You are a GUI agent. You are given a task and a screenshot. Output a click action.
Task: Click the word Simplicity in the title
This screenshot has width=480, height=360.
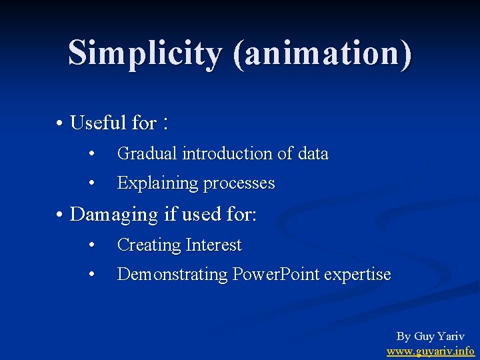click(x=145, y=53)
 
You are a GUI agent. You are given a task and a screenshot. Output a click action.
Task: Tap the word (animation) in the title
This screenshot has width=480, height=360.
click(x=322, y=54)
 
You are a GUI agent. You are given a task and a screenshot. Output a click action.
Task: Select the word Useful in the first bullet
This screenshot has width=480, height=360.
click(x=98, y=123)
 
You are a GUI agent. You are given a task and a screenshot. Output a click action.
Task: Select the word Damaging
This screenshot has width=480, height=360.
click(x=113, y=215)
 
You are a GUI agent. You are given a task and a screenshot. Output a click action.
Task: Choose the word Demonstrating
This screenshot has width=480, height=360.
click(x=173, y=275)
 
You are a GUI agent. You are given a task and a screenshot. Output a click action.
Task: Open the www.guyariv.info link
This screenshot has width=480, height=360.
click(x=431, y=351)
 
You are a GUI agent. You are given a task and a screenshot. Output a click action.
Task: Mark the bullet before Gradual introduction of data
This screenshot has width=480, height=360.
click(x=93, y=154)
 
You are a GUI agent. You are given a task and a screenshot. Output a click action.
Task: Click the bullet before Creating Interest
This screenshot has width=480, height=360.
click(x=93, y=245)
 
